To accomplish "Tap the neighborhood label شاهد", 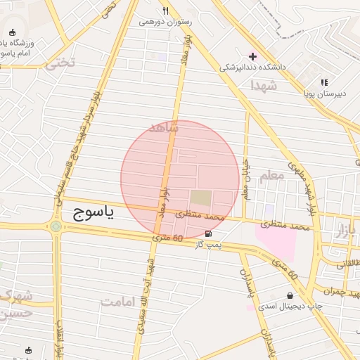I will tap(165, 128).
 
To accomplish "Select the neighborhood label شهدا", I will tap(264, 85).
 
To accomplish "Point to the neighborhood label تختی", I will tap(60, 63).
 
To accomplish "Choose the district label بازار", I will tap(346, 231).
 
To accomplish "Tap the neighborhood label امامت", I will tap(118, 302).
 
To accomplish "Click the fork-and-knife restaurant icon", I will tap(166, 11).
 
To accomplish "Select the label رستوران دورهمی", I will tap(166, 22).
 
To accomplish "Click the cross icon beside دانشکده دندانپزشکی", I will tap(252, 56).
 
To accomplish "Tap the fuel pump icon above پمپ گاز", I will tap(208, 233).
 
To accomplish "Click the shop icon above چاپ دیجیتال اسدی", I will tap(290, 295).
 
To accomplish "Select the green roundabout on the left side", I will tap(55, 226).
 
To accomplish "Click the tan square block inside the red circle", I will tap(201, 198).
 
